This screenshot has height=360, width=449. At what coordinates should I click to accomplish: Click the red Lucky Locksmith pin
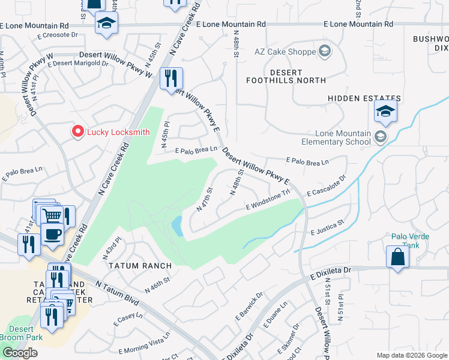(77, 132)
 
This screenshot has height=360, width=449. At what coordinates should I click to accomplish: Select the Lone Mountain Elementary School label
(343, 137)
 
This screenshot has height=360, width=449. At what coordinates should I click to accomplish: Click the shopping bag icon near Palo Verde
(397, 257)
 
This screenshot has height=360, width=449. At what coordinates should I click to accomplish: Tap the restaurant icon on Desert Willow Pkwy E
(171, 78)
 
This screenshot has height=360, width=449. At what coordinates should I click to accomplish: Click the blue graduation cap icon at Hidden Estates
(385, 111)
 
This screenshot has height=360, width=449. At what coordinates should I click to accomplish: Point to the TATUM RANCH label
(140, 265)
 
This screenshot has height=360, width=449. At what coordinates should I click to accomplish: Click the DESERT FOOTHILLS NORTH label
(289, 76)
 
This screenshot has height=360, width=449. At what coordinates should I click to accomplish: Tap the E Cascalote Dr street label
(327, 186)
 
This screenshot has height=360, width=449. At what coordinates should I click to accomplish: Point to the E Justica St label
(327, 227)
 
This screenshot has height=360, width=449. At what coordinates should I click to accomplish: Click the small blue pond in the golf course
(177, 226)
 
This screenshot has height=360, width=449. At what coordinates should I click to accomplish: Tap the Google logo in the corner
(20, 353)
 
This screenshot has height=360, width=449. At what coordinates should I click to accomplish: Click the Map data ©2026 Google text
(411, 355)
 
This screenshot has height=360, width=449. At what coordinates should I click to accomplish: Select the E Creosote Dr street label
(56, 35)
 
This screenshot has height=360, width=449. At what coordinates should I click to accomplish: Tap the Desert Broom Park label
(25, 333)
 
